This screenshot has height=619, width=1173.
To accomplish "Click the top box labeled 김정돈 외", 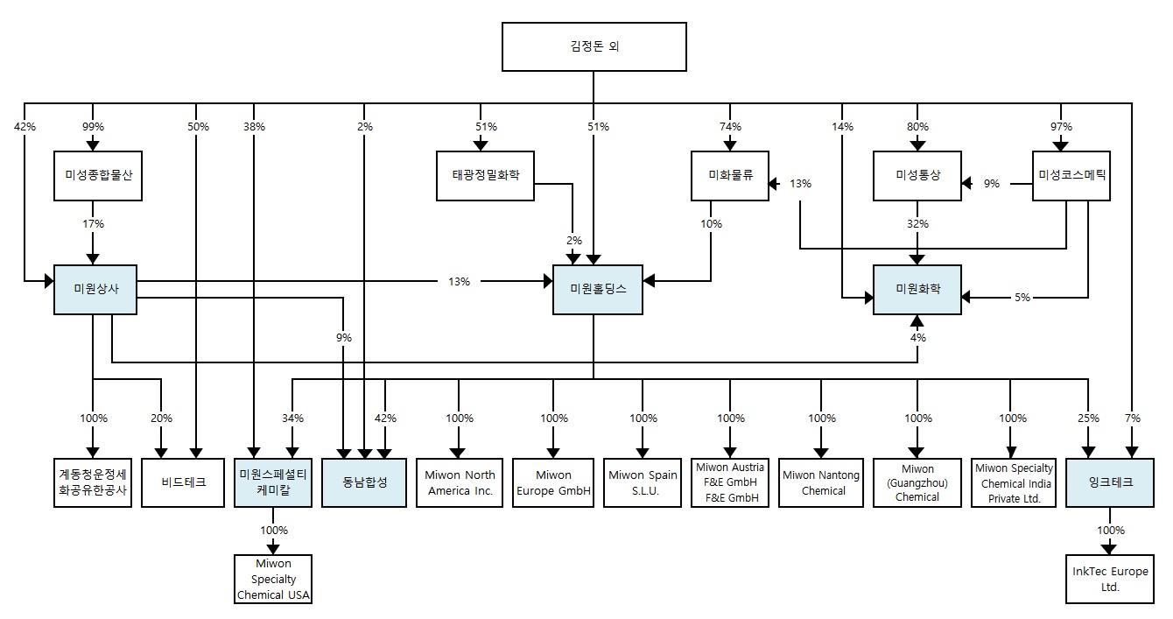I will coord(594,46).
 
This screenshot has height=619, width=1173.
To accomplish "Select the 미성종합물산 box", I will coord(98,175).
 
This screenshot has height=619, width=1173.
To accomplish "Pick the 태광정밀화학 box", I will coord(485,175).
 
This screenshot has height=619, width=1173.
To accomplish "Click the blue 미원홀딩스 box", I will coord(598,288).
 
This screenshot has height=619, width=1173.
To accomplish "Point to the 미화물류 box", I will coord(729,175).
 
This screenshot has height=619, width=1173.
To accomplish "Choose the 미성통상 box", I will coord(917,175).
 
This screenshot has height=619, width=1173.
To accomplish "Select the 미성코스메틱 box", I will coord(1071,175).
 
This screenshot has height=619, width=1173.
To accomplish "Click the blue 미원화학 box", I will coord(917,288).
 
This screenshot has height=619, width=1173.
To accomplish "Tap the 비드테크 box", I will coord(184,482).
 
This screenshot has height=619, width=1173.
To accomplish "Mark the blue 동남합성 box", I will coord(364,482).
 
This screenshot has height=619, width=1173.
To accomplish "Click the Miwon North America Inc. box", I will coord(460,482).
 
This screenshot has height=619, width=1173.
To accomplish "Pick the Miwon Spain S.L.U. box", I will coord(643,482).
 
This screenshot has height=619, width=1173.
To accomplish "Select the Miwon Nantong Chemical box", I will coord(821,482).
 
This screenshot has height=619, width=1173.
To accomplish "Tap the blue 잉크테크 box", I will coord(1110,482).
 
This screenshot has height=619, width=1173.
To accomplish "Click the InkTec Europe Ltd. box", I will coord(1110,579).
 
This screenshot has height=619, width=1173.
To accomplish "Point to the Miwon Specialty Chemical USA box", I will coord(274,579).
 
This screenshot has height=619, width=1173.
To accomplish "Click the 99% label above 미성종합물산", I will coord(93,126).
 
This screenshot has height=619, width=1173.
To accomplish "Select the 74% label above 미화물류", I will coord(729,126).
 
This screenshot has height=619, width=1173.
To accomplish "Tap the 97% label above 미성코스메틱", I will coord(1060,126).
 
